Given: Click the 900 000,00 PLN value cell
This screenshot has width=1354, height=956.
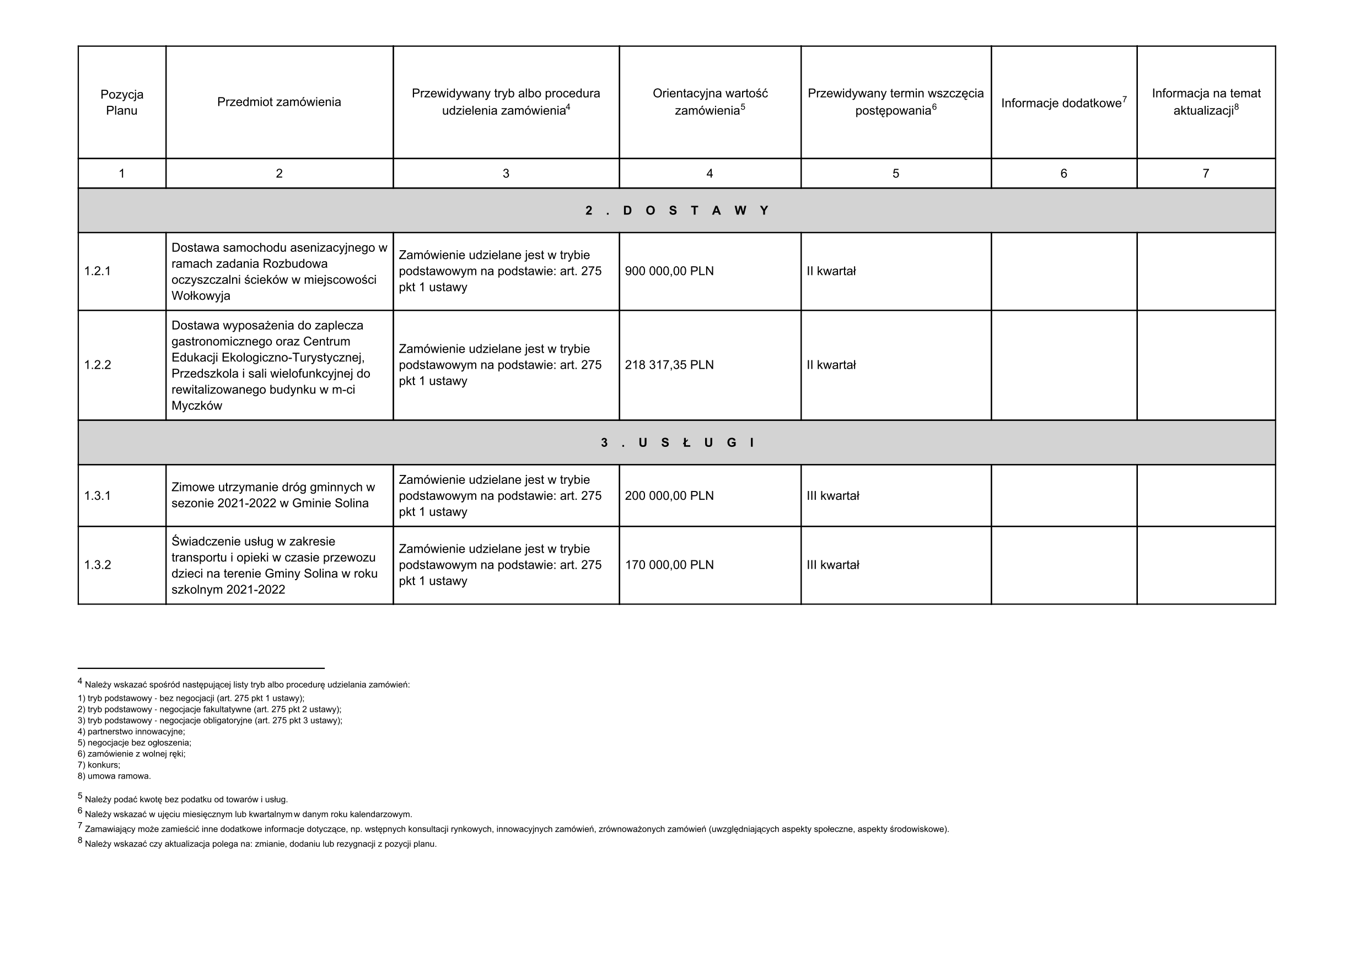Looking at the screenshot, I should tap(669, 271).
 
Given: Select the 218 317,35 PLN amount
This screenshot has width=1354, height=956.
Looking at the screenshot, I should tap(669, 365).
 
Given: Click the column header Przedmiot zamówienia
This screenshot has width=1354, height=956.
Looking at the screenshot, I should tap(279, 102).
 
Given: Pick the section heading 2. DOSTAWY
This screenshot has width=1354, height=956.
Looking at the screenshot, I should tap(676, 210).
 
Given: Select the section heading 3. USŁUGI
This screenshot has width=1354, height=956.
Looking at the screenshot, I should tap(676, 442).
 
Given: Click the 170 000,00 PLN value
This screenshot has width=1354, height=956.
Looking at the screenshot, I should tap(669, 565).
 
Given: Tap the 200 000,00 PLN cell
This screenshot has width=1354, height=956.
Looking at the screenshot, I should tap(669, 496).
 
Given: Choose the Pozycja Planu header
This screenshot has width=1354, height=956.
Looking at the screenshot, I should tap(121, 102).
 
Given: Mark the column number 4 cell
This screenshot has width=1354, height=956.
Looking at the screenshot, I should tap(710, 173).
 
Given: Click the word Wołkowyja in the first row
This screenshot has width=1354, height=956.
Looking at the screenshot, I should tap(201, 296).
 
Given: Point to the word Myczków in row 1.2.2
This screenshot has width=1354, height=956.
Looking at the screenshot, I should tap(196, 406).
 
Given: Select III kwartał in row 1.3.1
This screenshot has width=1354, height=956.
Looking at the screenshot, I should tap(832, 496).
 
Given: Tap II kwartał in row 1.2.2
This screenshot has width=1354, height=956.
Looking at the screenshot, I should tap(831, 365).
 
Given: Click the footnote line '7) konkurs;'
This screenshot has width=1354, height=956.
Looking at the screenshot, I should tap(99, 765).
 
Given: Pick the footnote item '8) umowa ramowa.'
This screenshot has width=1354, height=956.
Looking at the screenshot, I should tap(115, 776).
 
